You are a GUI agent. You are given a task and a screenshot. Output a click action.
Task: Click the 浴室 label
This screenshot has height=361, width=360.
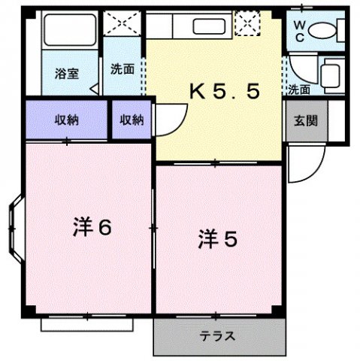pos(66,74)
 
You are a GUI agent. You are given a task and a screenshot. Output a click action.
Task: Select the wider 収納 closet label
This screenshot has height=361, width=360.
pos(66,120)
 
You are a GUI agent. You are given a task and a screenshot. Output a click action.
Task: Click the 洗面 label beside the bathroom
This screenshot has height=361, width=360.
pos(123,68)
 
